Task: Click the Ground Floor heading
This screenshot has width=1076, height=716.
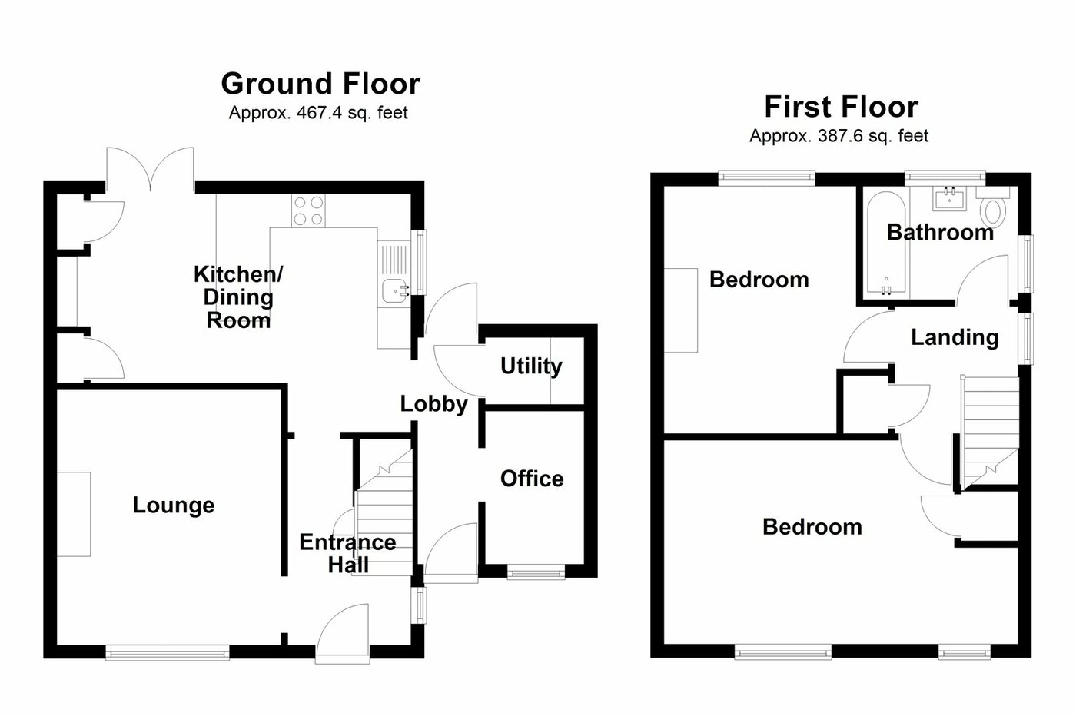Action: [320, 83]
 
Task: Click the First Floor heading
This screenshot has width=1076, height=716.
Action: [841, 106]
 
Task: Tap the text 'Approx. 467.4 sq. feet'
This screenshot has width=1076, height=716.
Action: [318, 113]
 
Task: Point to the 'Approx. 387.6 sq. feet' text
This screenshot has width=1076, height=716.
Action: [839, 136]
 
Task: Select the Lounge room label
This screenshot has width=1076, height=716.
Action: [174, 505]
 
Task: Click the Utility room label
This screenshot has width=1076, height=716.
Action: [530, 366]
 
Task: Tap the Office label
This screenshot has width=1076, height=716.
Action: [532, 479]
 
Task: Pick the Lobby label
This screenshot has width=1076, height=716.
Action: [433, 404]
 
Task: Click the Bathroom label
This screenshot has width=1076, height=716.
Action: [939, 232]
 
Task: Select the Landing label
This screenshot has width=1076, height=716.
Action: [955, 337]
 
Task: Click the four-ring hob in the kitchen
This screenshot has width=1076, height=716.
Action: [308, 210]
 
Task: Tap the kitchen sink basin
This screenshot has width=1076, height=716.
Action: [397, 290]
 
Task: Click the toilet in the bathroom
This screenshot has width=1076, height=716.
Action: [995, 208]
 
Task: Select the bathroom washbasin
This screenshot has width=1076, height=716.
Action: [951, 199]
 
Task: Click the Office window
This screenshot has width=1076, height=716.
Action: [536, 572]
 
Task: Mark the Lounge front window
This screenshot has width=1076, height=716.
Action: [168, 653]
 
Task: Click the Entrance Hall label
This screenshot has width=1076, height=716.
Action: [347, 553]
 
